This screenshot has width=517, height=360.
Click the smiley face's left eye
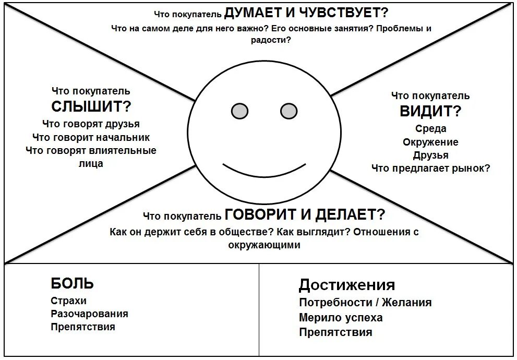coord(239,111)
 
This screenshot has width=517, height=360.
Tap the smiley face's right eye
coord(288,111)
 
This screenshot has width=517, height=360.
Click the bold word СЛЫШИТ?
coord(91,106)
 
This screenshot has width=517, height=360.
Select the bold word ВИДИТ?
coord(430,111)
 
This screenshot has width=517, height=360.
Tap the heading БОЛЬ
coord(73,283)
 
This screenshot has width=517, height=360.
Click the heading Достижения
coord(346,285)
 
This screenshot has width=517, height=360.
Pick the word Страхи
coord(69,301)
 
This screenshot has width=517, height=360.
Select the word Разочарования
coord(89,314)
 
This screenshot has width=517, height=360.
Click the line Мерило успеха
coord(341,317)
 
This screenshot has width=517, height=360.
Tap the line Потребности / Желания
coord(365,302)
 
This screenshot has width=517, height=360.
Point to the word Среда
coord(430,129)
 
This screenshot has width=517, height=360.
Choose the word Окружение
coord(430,142)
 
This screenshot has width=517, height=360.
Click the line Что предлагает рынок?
coord(430,168)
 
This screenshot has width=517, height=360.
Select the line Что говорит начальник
coord(91,137)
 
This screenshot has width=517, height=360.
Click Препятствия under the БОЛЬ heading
coord(83,327)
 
